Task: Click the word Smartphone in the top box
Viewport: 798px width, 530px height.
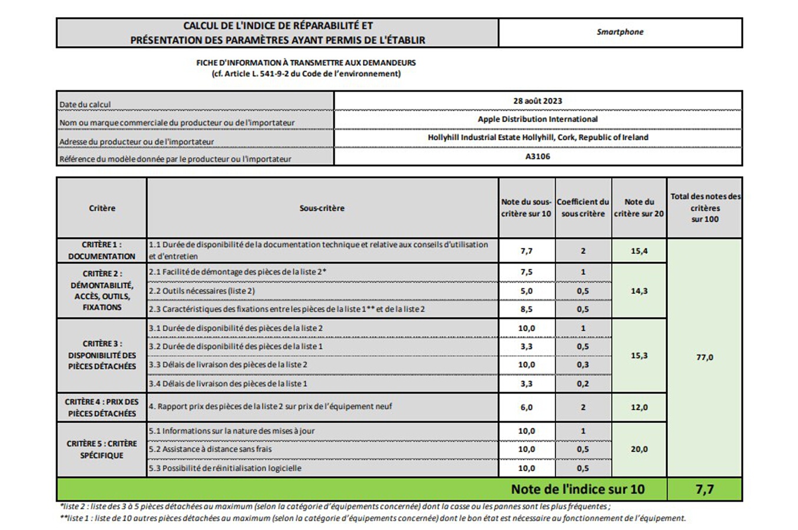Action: tap(620, 32)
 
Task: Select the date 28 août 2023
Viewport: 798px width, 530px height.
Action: tap(537, 101)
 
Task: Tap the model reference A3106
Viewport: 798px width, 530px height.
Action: tap(537, 156)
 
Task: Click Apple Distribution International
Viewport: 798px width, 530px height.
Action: tap(537, 119)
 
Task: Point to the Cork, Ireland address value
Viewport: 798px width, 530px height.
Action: tap(537, 137)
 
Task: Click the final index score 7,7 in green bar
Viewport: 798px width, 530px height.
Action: tap(704, 489)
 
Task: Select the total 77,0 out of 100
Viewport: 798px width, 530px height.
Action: tap(704, 357)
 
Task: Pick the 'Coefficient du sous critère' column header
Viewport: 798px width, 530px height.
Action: tap(582, 208)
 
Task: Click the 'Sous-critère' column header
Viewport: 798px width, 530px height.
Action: tap(322, 208)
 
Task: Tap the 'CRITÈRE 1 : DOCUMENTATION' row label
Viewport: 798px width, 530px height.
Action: tap(101, 250)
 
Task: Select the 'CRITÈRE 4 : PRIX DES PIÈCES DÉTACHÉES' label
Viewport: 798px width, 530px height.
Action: tap(101, 408)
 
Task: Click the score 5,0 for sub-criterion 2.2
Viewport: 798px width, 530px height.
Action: tap(526, 291)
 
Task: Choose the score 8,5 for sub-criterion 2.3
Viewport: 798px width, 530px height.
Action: tap(526, 309)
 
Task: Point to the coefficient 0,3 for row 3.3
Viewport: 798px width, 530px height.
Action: tap(582, 365)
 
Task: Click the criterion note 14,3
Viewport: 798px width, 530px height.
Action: tap(639, 291)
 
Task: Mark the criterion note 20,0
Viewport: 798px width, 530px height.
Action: tap(639, 449)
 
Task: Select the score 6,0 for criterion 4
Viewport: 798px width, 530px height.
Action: tap(526, 407)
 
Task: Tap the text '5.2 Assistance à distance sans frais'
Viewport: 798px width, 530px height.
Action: tap(210, 449)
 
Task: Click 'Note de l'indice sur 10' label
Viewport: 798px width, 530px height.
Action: tap(577, 489)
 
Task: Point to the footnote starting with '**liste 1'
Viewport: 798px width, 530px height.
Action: tap(372, 518)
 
